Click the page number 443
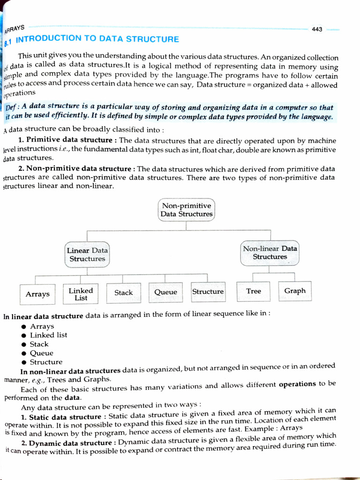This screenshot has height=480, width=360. (x=317, y=29)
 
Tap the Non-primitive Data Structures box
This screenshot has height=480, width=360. (x=187, y=210)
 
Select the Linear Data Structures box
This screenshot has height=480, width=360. (x=87, y=255)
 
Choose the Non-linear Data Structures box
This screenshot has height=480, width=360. (x=270, y=253)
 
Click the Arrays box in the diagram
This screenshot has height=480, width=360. (x=37, y=294)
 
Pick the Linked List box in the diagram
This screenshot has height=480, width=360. (x=81, y=294)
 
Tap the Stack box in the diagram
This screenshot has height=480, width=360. (x=123, y=292)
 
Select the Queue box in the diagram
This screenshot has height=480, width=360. (x=166, y=292)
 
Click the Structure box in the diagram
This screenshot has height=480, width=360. (x=208, y=292)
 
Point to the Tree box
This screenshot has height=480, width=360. (x=254, y=291)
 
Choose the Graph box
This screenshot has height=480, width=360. (x=295, y=291)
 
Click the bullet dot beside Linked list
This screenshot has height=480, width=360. (x=23, y=336)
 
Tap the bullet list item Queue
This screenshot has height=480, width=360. (x=42, y=353)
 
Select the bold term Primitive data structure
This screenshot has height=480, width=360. (x=69, y=140)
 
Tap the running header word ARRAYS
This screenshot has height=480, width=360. (x=15, y=29)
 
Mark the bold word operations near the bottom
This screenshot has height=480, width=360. (x=297, y=384)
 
